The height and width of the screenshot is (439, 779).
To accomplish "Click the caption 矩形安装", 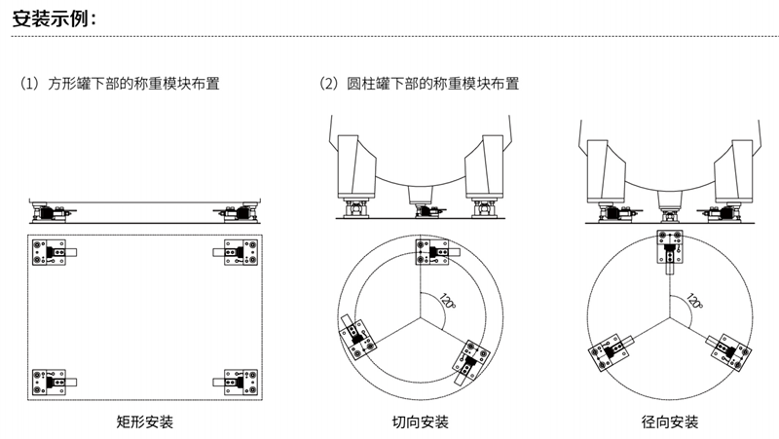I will pos(145,421).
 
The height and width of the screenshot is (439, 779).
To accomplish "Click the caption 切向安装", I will pos(421,421).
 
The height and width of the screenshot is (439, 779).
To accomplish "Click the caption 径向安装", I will pos(670,421).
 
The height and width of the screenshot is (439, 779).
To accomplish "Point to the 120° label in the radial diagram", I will pos(693,302).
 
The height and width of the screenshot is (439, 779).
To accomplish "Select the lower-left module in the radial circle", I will pos(612,352).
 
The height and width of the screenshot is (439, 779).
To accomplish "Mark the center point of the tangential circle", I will pos(421,317).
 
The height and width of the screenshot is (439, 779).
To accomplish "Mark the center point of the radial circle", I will pos(670,317).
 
